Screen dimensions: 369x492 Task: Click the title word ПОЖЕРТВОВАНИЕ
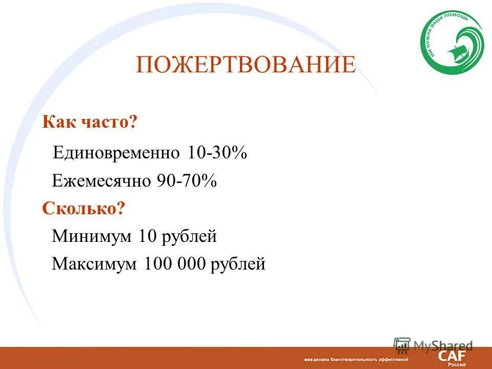(245, 66)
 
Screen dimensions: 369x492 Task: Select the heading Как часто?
(90, 122)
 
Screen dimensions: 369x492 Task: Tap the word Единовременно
(116, 153)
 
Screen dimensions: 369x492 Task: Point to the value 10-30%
(218, 153)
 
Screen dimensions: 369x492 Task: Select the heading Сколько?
(84, 209)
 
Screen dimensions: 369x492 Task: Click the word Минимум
(92, 236)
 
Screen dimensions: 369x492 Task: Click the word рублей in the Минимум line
(190, 237)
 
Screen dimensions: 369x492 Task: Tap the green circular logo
(452, 44)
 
